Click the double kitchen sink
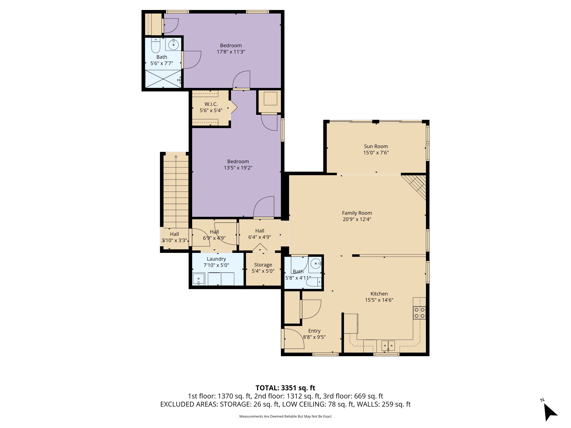pos(388,345)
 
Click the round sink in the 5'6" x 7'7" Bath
pos(173,45)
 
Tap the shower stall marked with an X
pos(163,79)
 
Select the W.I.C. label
pos(211,104)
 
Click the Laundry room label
pos(216,259)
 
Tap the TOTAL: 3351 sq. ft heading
pos(285,388)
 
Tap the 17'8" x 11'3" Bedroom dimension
pos(231,52)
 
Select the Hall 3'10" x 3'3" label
pos(174,237)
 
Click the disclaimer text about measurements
pos(285,416)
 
